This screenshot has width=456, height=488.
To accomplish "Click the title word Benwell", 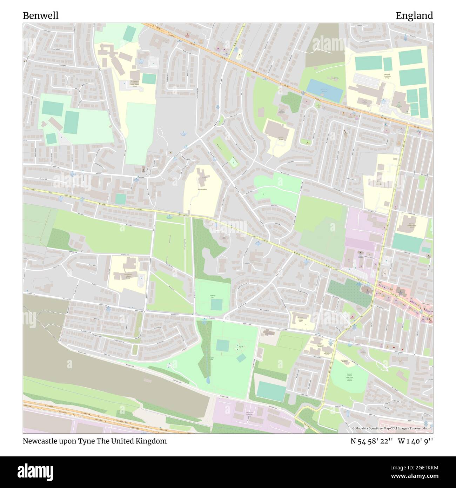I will pyautogui.click(x=41, y=16).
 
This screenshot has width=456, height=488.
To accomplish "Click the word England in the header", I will pyautogui.click(x=414, y=16).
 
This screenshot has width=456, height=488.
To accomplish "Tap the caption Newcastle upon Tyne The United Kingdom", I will pyautogui.click(x=95, y=441).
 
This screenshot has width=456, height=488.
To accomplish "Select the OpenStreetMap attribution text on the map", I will pyautogui.click(x=392, y=428).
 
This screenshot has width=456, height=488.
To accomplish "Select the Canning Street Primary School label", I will pyautogui.click(x=412, y=224).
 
